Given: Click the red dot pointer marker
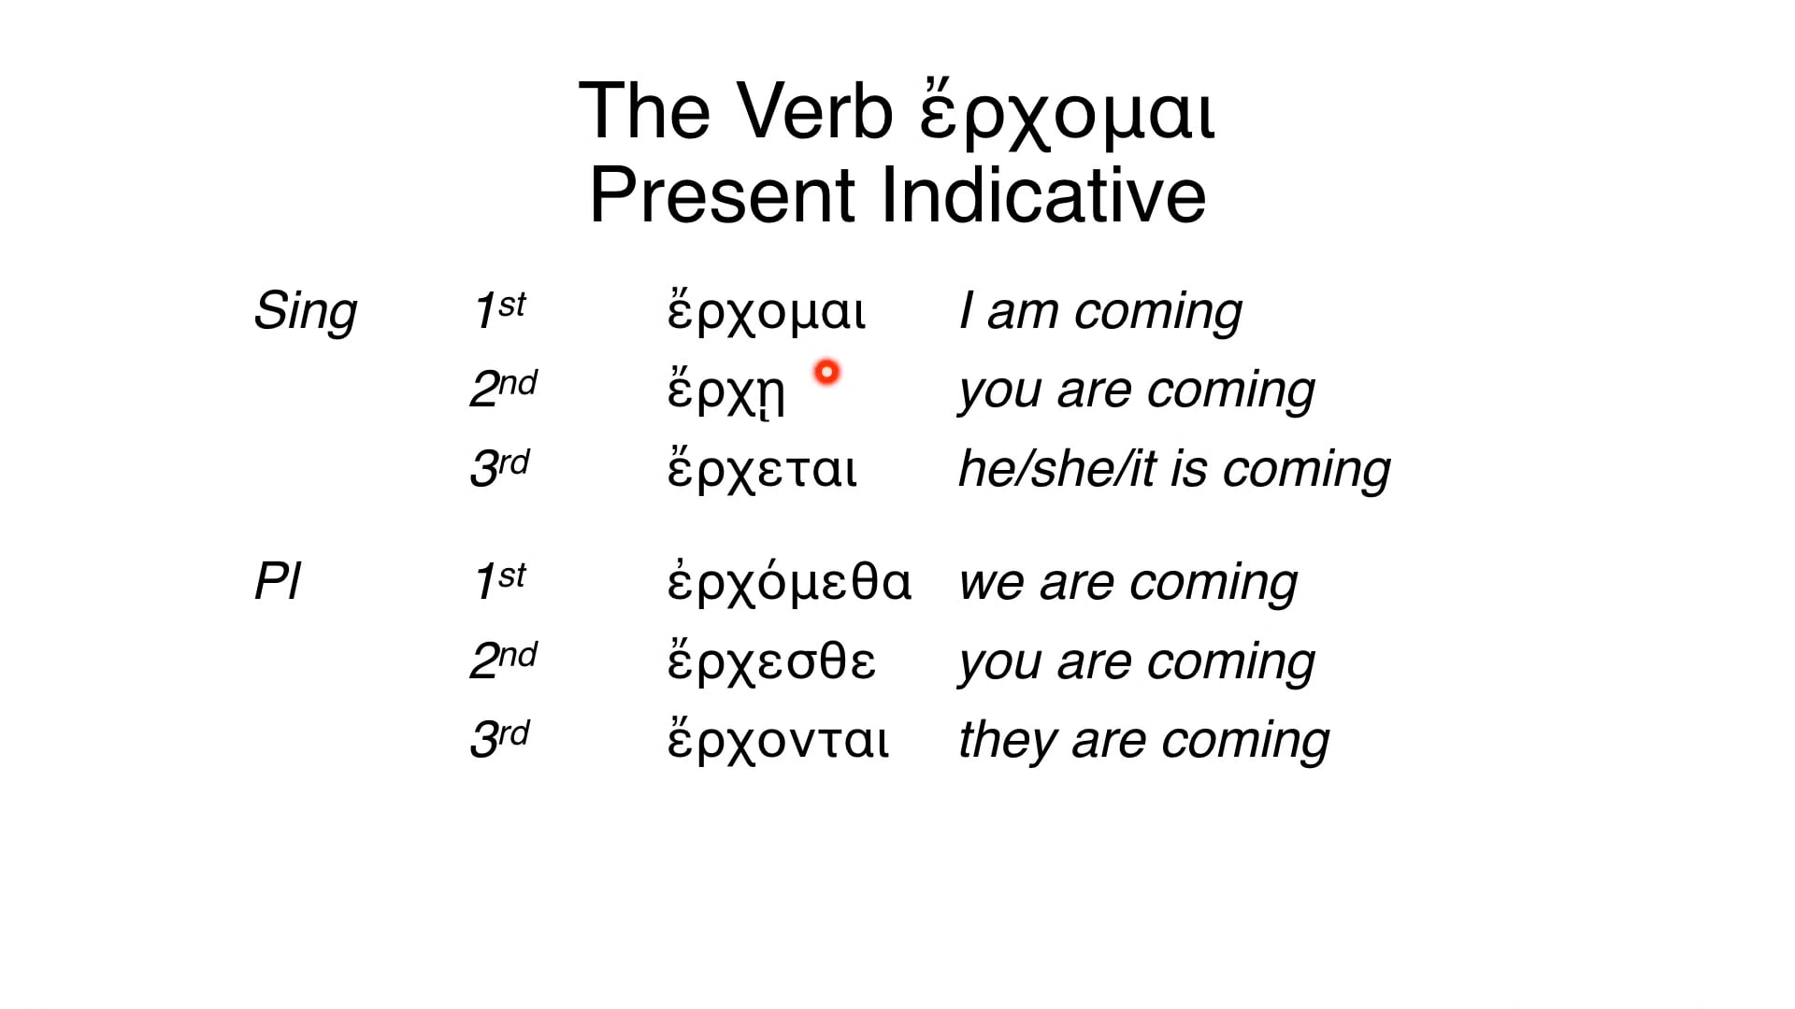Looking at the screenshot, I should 826,373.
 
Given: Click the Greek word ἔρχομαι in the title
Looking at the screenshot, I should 1067,114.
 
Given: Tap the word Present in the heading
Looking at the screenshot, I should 723,195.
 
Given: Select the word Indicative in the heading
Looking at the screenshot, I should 1043,195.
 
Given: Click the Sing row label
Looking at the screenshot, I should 306,312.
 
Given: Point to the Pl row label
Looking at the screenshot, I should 278,582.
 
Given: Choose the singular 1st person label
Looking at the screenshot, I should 499,310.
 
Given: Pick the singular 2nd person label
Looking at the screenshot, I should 503,389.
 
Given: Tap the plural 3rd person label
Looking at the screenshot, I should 499,739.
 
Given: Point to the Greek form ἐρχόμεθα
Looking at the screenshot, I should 789,581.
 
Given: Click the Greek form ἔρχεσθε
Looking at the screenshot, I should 771,661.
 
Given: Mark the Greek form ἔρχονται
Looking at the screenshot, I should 778,739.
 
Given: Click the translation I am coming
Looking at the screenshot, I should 1100,312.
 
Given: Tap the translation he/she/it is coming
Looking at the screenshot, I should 1174,469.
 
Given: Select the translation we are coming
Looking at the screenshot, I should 1128,583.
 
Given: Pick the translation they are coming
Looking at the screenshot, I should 1144,741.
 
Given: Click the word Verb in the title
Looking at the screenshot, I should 814,112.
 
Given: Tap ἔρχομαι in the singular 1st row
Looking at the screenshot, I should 767,312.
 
